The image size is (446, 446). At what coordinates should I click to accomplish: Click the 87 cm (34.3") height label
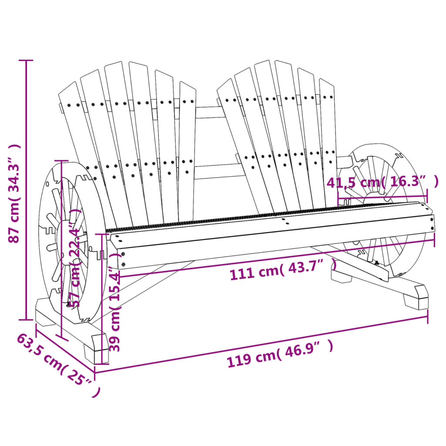click(x=14, y=194)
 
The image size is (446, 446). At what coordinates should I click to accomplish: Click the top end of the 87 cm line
click(x=27, y=61)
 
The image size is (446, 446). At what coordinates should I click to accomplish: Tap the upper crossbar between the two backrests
click(x=208, y=112)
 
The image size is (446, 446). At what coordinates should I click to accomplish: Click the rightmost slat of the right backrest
click(x=328, y=139)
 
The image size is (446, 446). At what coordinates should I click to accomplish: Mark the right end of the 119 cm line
click(x=427, y=317)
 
